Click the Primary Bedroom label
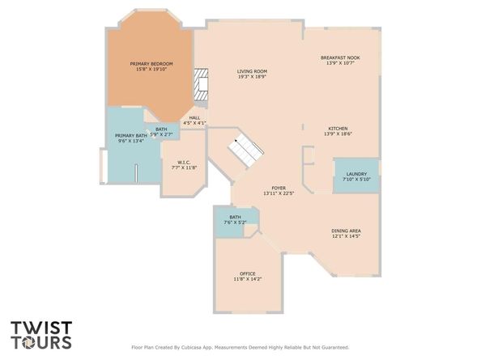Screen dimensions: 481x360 pos(151,64)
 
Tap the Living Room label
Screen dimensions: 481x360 pos(252,71)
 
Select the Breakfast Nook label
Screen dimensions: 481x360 pos(340,57)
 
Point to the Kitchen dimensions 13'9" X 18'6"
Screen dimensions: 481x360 pos(338,134)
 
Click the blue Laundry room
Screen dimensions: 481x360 pos(356,176)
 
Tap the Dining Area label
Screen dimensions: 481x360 pos(346,231)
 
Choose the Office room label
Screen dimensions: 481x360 pos(248,273)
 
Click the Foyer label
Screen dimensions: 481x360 pos(279,188)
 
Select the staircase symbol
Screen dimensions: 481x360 pos(245,150)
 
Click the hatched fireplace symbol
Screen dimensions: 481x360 pos(201,85)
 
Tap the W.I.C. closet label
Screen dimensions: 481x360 pos(184,163)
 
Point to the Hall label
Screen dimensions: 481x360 pos(194,118)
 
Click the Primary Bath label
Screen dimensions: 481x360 pos(131,136)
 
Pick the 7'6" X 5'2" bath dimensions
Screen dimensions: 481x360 pos(236,222)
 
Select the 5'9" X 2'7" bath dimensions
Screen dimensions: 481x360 pos(161,134)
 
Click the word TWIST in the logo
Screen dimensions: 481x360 pos(41,328)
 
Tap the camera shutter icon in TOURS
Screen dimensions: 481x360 pos(28,342)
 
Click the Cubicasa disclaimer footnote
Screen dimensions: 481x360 pos(240,347)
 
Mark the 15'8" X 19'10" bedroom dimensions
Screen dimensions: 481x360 pos(151,70)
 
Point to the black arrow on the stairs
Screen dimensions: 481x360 pos(236,141)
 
